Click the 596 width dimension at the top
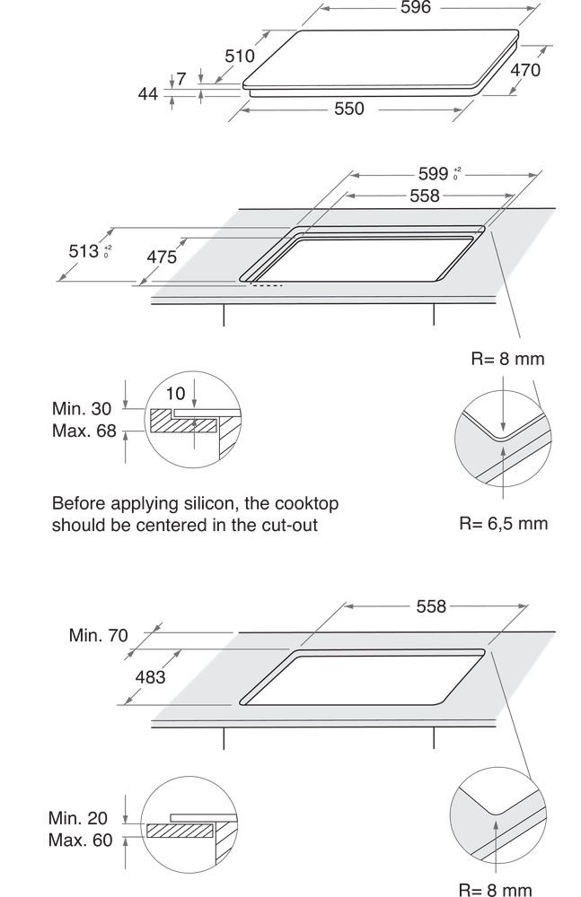coord(416,7)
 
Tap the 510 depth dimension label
coord(240,56)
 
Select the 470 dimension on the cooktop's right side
coord(524,70)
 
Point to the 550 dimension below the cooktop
coord(349,109)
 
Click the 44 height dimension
coord(148,93)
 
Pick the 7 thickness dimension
coord(181,78)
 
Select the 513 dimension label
coord(90,250)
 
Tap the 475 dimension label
coord(162,257)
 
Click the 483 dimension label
coord(150,676)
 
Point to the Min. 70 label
coord(99,635)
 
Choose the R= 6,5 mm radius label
coord(504,524)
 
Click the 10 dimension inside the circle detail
coord(175,394)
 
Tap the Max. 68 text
coord(84,431)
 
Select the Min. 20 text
coord(78,818)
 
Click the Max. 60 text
coord(81,840)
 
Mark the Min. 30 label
coord(82,408)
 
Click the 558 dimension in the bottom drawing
coord(431,606)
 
